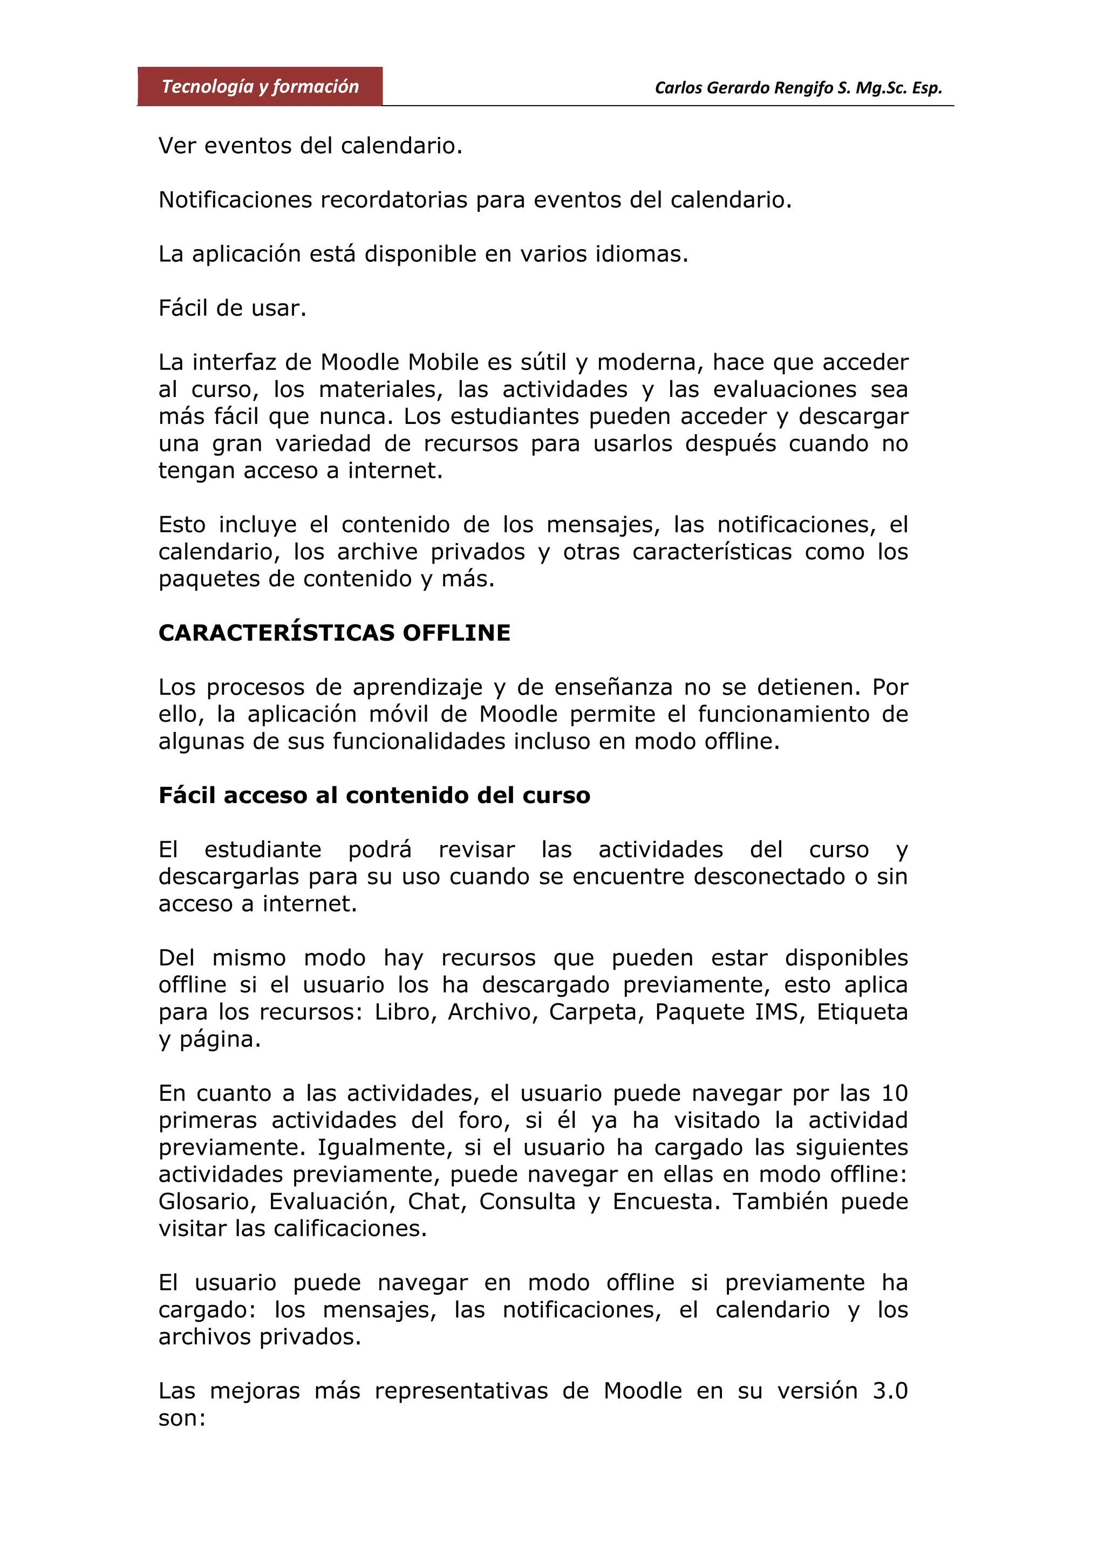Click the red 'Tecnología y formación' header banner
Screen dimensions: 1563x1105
[x=260, y=86]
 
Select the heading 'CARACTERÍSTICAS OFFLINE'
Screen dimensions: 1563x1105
[x=335, y=633]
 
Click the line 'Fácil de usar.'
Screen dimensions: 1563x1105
[x=232, y=309]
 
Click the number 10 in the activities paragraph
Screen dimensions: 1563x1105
[x=895, y=1093]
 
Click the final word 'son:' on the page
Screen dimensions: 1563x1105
[x=182, y=1418]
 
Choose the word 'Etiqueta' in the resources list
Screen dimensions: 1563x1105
[x=862, y=1012]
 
